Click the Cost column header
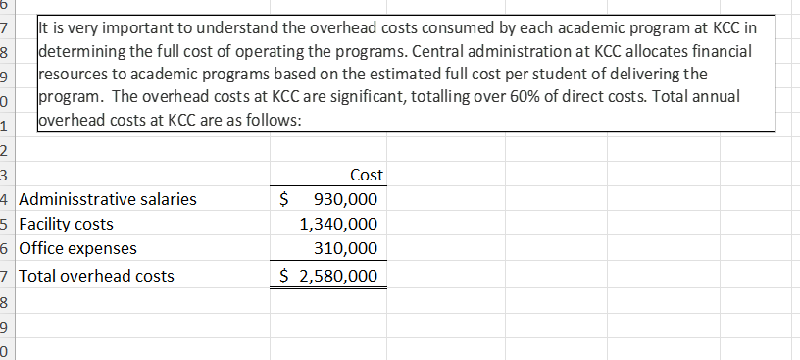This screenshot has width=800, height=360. click(366, 176)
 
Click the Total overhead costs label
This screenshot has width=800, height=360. click(97, 276)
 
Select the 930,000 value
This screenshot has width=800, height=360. click(344, 200)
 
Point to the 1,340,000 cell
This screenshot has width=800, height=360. click(336, 225)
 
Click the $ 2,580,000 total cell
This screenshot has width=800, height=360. click(328, 276)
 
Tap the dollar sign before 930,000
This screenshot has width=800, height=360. click(284, 200)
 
